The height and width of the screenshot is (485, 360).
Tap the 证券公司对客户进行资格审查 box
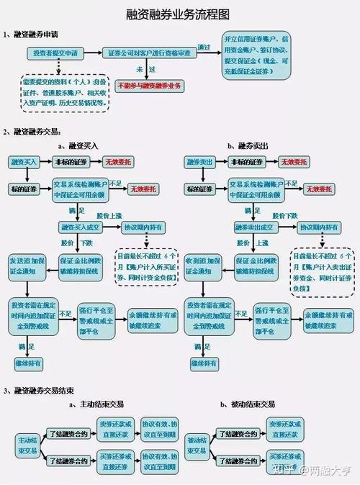150,53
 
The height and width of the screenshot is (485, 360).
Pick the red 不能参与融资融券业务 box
150,86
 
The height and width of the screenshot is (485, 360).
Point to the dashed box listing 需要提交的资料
65,91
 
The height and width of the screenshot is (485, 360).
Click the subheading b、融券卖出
248,145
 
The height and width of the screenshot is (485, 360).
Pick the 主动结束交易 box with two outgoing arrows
27,444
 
